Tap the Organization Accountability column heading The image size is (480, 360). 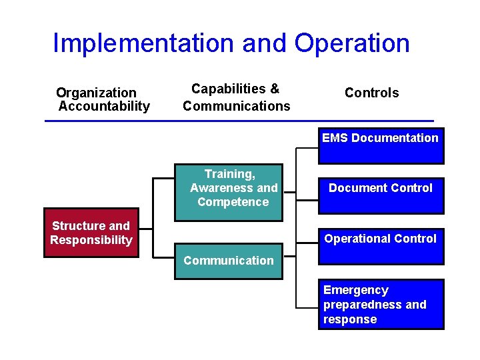pos(103,99)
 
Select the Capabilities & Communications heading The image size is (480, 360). pos(237,97)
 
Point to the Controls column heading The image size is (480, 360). pos(371,93)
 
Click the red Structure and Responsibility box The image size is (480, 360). pos(91,233)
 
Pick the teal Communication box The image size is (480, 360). pos(229,261)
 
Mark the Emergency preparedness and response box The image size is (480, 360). pos(381,305)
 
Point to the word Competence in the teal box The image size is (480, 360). pos(233,202)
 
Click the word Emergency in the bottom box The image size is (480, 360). pos(355,290)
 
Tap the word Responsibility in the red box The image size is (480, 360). pos(91,240)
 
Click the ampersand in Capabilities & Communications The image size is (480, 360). pos(275,89)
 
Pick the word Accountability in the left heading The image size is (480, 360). pos(104,106)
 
